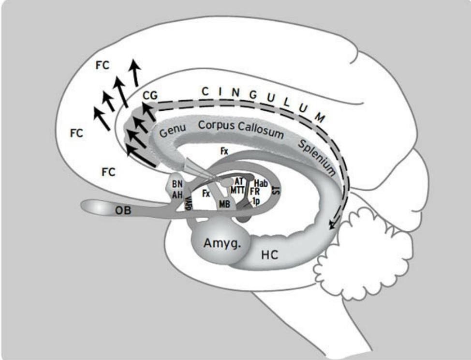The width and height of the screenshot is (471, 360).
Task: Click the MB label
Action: click(224, 204)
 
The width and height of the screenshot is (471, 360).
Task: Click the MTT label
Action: click(238, 189)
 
